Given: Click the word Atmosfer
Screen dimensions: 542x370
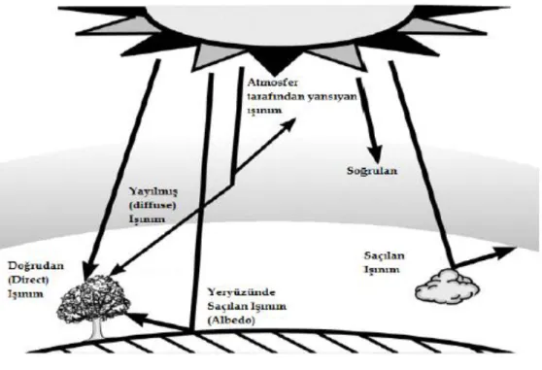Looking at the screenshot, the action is pos(272,83).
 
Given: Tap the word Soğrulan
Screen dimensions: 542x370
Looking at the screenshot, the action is pos(372,171).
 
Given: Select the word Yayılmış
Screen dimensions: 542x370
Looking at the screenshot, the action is pos(153,191).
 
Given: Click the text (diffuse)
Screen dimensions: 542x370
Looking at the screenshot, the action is pos(152,205).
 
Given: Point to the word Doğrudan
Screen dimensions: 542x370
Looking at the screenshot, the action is pos(36,266).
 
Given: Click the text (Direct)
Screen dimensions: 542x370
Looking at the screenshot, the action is pos(28,280).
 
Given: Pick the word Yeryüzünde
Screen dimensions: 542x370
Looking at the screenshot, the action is pos(241,292).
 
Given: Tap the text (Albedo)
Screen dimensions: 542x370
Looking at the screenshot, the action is pos(231,320).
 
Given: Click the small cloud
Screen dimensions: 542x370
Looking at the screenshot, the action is pos(447,286).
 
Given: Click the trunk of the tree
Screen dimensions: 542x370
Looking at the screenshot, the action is pos(96,328).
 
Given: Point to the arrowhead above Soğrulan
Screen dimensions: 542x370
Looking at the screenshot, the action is pos(375,154).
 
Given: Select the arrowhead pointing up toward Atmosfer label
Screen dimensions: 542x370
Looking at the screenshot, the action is pos(288,124).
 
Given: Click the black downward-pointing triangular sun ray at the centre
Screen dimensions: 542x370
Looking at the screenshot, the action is pos(274,63).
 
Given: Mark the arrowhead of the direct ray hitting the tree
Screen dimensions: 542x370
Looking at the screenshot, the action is pos(90,272).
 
